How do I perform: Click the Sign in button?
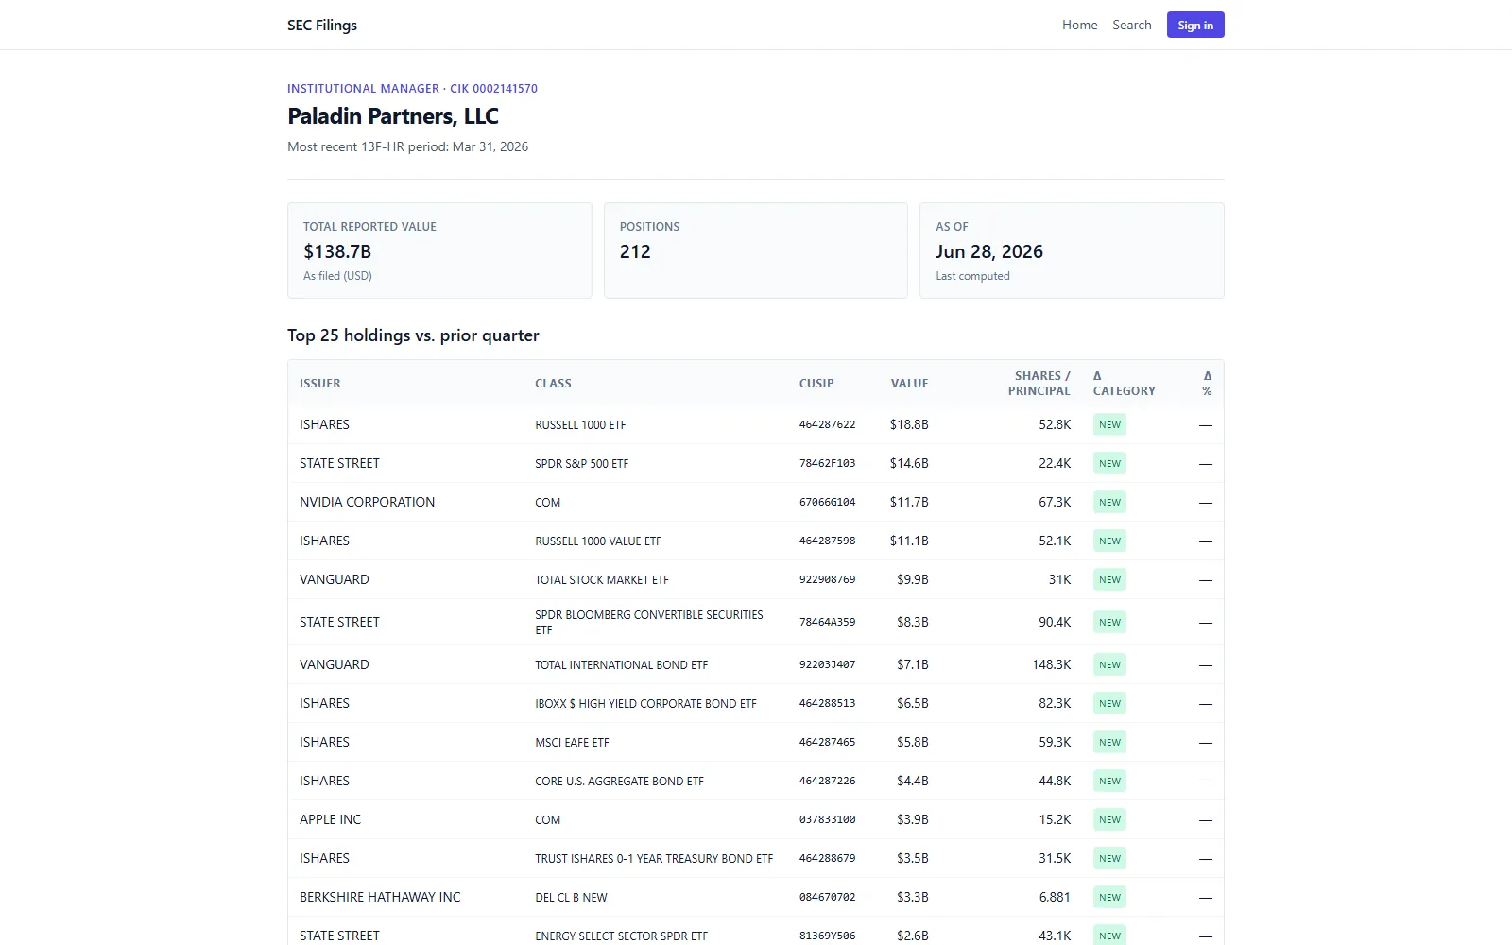(x=1195, y=25)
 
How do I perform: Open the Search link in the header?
(x=1132, y=25)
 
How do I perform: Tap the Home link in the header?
(x=1080, y=25)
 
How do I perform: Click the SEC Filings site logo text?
(x=322, y=25)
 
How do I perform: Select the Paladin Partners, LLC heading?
(x=393, y=115)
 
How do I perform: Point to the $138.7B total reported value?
(x=337, y=251)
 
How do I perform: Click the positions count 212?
(x=635, y=251)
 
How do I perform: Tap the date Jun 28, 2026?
(x=988, y=251)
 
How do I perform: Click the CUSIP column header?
(x=816, y=384)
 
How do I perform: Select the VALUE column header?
(x=909, y=384)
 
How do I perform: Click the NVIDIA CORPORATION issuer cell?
(x=368, y=502)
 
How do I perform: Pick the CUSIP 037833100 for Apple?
(x=827, y=819)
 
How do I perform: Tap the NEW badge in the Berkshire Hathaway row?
(x=1109, y=897)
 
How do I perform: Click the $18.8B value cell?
(x=909, y=424)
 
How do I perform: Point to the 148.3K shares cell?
(x=1051, y=664)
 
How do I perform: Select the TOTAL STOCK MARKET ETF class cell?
(x=601, y=580)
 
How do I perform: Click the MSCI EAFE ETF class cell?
(x=572, y=743)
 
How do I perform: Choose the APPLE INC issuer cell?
(x=330, y=819)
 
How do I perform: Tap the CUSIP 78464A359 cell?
(x=827, y=623)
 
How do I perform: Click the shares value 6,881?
(x=1055, y=897)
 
